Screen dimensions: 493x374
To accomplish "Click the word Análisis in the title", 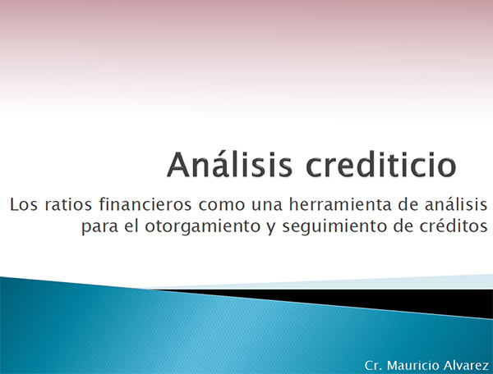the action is click(230, 164).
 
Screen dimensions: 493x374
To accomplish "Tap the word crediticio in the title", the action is click(381, 164).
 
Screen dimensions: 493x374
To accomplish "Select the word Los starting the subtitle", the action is click(24, 204).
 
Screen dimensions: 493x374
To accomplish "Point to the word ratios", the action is click(68, 204).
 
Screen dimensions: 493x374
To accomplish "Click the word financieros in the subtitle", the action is click(145, 204).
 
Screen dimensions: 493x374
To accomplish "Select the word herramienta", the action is click(340, 204).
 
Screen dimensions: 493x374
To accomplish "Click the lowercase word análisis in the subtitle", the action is click(456, 204).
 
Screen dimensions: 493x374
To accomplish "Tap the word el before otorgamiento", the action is click(131, 226).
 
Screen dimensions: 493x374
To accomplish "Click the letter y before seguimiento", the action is click(271, 228).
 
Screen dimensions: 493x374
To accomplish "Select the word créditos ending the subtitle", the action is click(454, 226).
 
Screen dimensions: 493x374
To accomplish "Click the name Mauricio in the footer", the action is click(413, 366).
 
